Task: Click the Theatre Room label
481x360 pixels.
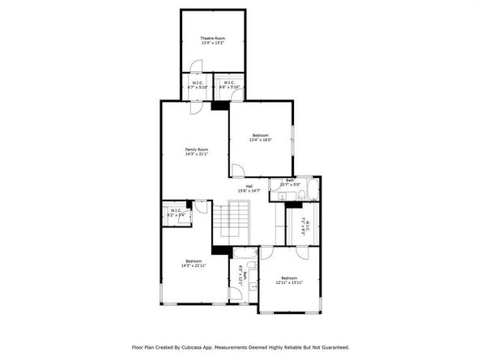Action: pos(213,40)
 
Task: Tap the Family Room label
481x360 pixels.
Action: pos(197,151)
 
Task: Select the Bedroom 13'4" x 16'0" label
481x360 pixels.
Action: pos(260,137)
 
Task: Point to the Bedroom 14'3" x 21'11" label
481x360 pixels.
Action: pos(194,263)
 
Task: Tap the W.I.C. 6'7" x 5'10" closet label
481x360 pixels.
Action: pos(197,85)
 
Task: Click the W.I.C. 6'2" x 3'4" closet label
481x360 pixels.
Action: pos(175,213)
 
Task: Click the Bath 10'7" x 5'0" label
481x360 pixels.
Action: pos(289,184)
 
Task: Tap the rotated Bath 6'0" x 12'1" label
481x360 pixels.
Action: pos(241,277)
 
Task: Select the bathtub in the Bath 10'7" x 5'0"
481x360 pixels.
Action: pos(313,193)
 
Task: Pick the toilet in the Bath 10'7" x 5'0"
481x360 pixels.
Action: pos(275,193)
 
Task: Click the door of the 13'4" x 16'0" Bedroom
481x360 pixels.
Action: pos(238,171)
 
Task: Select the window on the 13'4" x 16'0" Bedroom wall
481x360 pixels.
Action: pos(293,138)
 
